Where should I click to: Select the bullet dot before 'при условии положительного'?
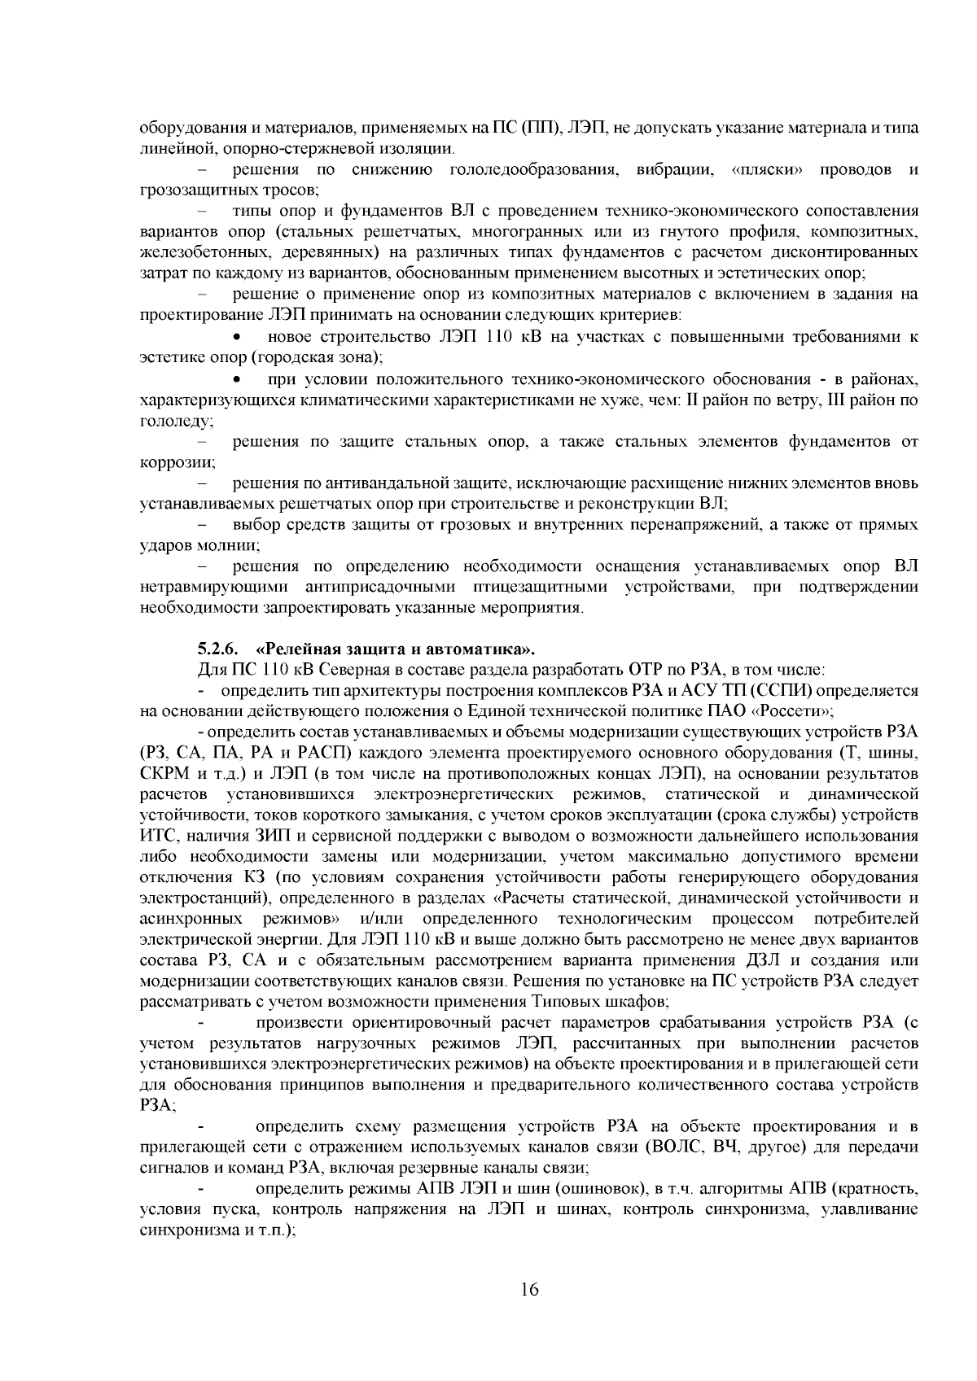tap(237, 380)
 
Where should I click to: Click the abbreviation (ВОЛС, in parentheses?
tap(677, 1147)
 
